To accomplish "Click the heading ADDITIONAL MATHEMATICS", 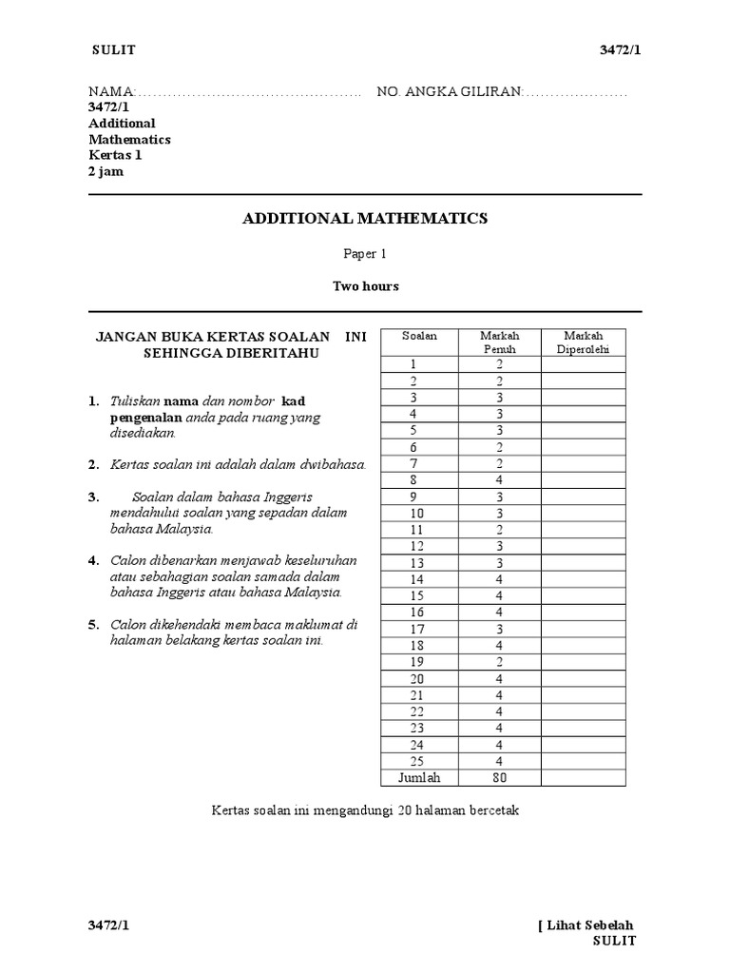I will coord(365,219).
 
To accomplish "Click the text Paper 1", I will coord(364,254).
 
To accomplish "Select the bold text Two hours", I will coord(365,285).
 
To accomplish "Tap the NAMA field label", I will coord(112,91).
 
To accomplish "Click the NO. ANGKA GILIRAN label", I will coord(449,91).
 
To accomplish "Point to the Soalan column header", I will coord(413,337).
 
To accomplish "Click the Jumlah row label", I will coord(413,778).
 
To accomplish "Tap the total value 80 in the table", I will coord(499,778).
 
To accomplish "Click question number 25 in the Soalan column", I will coord(413,761).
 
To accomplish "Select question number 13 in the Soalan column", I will coord(413,562).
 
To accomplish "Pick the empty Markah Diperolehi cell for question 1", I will coord(584,363).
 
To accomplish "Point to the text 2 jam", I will coord(106,172).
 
